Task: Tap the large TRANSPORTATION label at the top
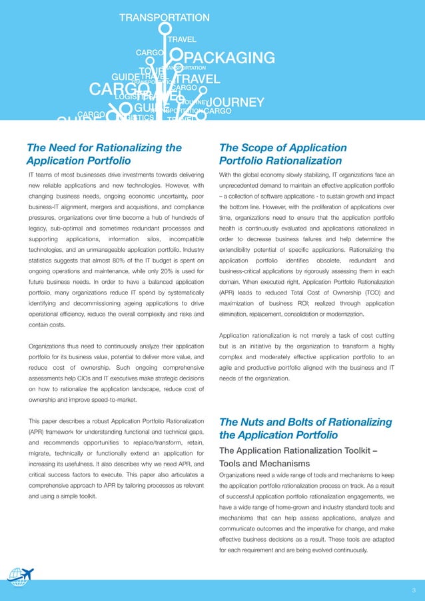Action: [164, 18]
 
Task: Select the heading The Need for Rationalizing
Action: [103, 147]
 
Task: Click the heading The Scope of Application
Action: [282, 147]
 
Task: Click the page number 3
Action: [413, 590]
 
